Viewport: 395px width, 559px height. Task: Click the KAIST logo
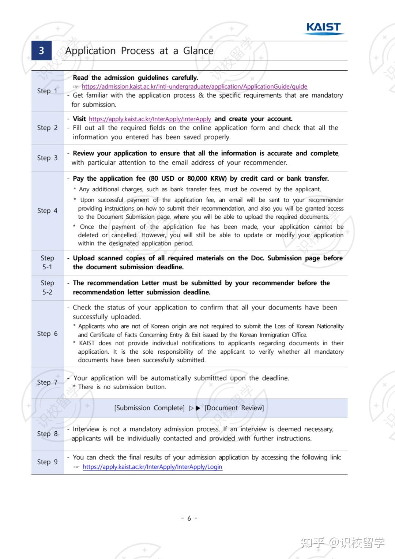(324, 28)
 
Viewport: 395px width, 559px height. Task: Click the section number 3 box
(41, 50)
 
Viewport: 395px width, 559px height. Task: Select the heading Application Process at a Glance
(139, 50)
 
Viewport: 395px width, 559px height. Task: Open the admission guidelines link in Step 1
(194, 87)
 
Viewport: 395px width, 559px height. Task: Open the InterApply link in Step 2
(150, 119)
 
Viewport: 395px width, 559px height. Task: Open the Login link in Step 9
(152, 467)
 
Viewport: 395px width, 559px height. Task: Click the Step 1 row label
(47, 91)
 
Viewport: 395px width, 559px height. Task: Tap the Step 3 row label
(47, 158)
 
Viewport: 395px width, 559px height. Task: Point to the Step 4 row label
(47, 210)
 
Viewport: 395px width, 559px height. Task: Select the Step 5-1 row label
(47, 262)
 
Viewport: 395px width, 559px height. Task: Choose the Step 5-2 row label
(47, 287)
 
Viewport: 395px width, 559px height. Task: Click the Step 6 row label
(47, 333)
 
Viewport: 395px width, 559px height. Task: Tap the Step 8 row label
(47, 434)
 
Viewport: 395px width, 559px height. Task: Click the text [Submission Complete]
(149, 408)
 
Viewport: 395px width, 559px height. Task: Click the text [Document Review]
(234, 408)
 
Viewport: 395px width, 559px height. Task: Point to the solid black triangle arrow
(198, 408)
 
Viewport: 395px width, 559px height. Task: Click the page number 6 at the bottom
(189, 518)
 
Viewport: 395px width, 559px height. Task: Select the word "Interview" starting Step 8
(86, 429)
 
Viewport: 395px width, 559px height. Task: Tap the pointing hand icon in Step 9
(76, 467)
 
